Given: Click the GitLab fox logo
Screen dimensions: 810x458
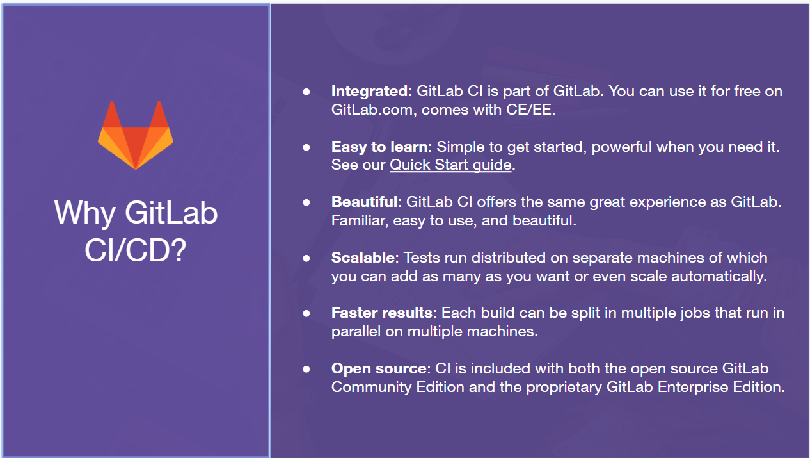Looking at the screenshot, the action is pyautogui.click(x=136, y=135).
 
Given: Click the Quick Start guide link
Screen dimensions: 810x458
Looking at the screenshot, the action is pyautogui.click(x=450, y=165).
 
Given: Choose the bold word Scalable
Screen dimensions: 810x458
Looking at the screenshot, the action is pyautogui.click(x=365, y=258).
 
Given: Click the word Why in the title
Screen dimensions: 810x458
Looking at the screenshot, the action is pyautogui.click(x=85, y=213).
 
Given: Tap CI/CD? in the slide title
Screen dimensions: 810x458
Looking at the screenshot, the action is pyautogui.click(x=136, y=250).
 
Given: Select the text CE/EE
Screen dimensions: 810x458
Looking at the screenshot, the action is pyautogui.click(x=530, y=110).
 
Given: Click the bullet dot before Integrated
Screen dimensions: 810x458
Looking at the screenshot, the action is pyautogui.click(x=306, y=92).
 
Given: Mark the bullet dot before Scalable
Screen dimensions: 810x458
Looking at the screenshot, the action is pyautogui.click(x=306, y=258).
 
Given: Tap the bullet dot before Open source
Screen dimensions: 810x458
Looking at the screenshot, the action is pyautogui.click(x=306, y=369).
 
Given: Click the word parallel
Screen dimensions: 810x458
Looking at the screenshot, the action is pyautogui.click(x=356, y=332).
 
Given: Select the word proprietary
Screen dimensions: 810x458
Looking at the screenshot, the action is pyautogui.click(x=564, y=388).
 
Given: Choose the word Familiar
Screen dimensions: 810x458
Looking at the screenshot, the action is pyautogui.click(x=360, y=221).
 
